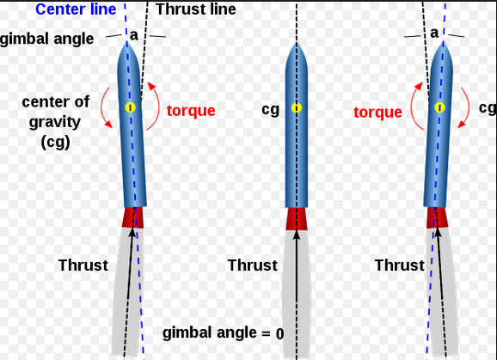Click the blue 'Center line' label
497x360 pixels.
(76, 9)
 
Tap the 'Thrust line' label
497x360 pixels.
(196, 9)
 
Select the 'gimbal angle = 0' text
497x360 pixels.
(224, 333)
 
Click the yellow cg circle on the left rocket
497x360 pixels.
(131, 107)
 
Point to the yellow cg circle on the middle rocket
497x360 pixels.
(297, 108)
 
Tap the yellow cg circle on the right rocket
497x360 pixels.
(439, 107)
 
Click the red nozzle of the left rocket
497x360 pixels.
(133, 217)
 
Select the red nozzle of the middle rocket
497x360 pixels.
(297, 219)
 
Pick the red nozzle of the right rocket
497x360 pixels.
(437, 217)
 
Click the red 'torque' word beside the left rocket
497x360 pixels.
(191, 111)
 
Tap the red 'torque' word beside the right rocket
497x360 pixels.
(377, 112)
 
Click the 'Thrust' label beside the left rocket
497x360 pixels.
(83, 265)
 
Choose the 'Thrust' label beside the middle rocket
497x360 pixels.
(253, 265)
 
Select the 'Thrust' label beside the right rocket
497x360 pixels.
(399, 265)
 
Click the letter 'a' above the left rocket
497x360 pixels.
(134, 35)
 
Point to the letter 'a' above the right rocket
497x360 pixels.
(434, 33)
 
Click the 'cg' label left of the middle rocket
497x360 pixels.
(270, 110)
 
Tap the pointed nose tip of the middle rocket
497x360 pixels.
(297, 42)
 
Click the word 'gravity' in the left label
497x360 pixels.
(55, 123)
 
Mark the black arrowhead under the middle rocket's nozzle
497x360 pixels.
(297, 234)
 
